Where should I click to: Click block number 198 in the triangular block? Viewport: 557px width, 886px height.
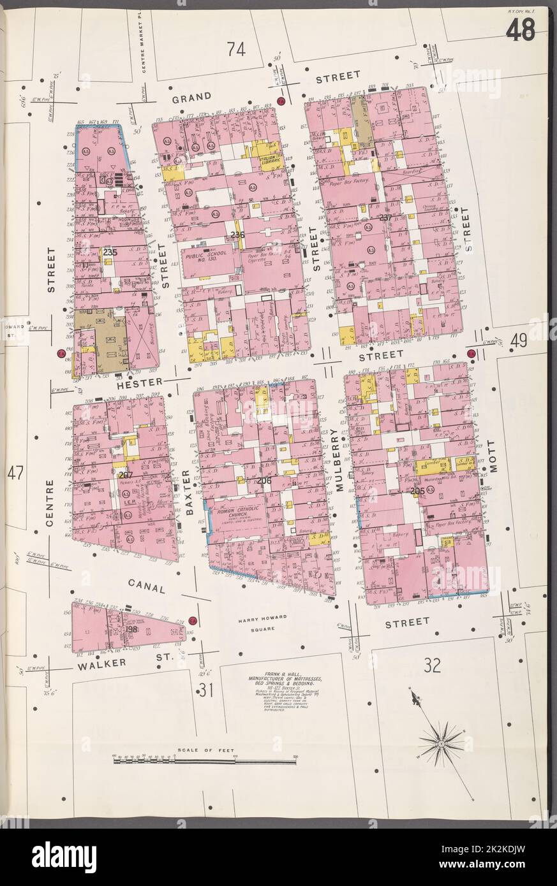click(x=132, y=630)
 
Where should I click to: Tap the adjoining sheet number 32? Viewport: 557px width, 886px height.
click(x=431, y=667)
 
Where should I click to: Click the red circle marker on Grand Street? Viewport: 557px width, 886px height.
click(x=281, y=102)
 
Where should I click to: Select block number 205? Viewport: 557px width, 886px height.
click(x=418, y=491)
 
